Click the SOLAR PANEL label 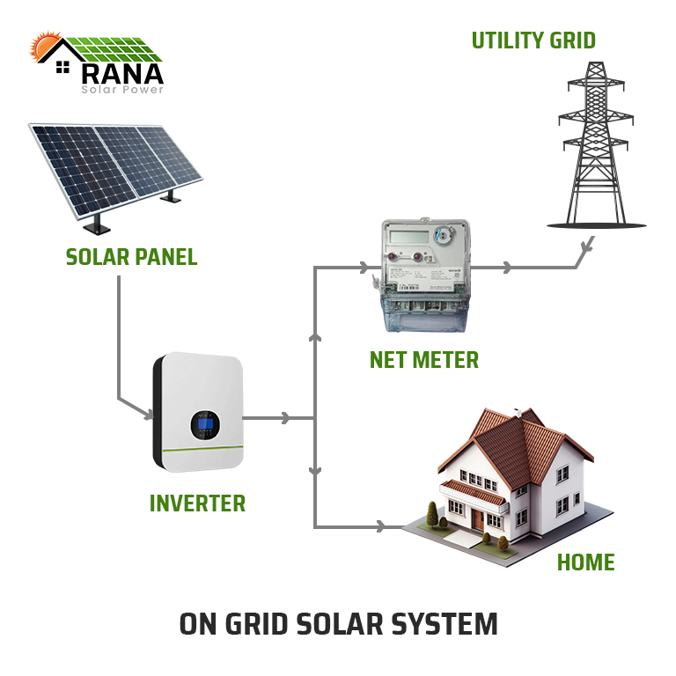point(131,257)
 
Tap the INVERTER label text point(197,503)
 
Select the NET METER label point(424,359)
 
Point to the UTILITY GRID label point(533,40)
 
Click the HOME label point(585,562)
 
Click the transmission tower point(595,150)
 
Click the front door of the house point(476,520)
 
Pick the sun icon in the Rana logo point(43,48)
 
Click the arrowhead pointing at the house point(380,526)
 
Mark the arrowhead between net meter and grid point(506,267)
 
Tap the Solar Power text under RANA point(121,89)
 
